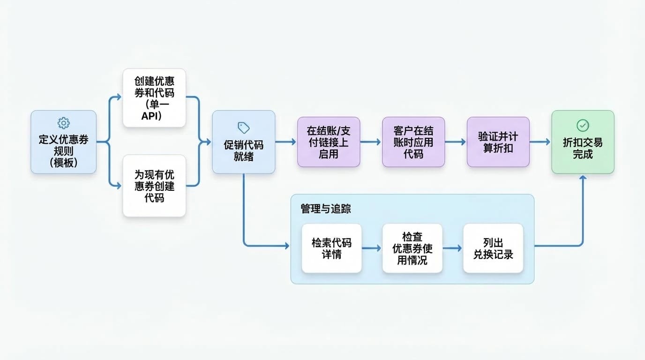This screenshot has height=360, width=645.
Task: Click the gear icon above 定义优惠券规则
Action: point(63,123)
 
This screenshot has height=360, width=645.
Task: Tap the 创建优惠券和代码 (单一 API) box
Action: point(154,98)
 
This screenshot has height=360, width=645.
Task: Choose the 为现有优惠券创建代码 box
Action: point(154,186)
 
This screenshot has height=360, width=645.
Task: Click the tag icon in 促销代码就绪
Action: point(244,127)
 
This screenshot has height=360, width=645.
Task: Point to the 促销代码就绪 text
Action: point(244,151)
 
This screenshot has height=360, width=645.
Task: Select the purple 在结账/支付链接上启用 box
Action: point(329,142)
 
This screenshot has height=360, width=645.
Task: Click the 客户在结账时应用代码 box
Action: point(413,142)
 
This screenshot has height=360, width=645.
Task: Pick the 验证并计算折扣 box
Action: point(498,142)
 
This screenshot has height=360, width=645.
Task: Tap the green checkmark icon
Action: point(583,125)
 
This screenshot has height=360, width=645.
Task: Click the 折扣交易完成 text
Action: point(583,149)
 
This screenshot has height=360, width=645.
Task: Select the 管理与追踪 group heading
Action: point(326,209)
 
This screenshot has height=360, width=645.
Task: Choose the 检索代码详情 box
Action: point(331,248)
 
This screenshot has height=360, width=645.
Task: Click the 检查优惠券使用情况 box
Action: point(412,248)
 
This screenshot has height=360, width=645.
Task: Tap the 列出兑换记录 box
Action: point(493,248)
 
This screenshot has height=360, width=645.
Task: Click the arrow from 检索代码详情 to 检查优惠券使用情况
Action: point(372,248)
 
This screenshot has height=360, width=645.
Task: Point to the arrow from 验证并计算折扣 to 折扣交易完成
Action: point(540,142)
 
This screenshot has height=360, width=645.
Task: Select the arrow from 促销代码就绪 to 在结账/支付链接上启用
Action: point(286,142)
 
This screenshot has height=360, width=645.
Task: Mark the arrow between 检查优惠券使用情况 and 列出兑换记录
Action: point(452,248)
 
